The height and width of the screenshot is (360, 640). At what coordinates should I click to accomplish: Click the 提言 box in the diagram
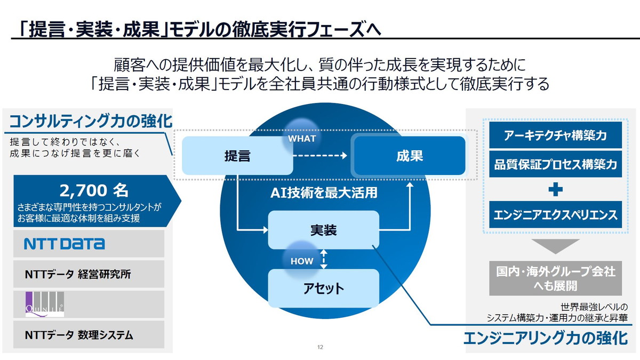click(237, 156)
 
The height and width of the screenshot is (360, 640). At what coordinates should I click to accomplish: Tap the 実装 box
click(323, 230)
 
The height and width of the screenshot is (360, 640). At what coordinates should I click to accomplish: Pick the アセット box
click(323, 289)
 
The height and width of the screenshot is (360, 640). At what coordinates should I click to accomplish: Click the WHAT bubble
click(302, 138)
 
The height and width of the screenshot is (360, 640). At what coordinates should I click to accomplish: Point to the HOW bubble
click(302, 261)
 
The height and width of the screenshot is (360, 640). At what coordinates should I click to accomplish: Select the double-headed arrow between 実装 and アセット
click(323, 259)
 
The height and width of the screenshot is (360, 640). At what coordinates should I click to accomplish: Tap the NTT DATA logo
click(65, 244)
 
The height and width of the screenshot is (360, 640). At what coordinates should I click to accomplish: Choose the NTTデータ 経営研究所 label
click(78, 275)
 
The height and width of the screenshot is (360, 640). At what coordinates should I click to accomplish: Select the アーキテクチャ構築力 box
click(555, 135)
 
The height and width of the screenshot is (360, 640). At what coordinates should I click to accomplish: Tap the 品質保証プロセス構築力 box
click(555, 164)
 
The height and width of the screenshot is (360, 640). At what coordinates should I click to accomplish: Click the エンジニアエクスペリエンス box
click(555, 215)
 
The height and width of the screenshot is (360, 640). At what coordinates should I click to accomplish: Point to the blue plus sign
click(555, 190)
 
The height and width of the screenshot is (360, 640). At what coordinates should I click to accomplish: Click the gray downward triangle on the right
click(555, 245)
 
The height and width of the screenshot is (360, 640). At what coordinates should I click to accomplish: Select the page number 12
click(320, 347)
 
